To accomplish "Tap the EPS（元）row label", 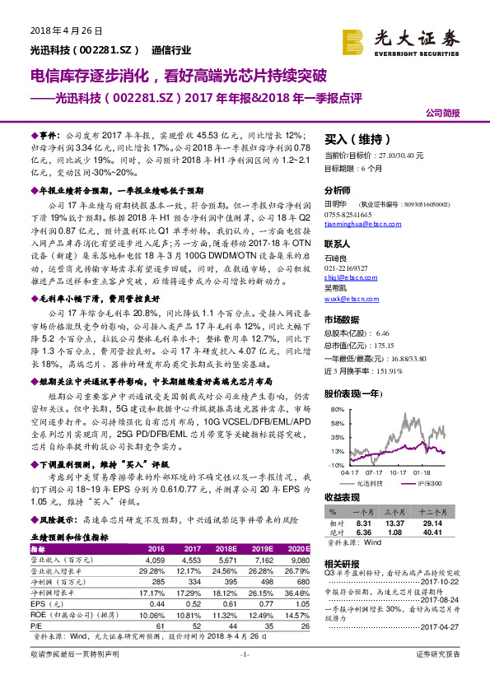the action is [49, 604].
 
